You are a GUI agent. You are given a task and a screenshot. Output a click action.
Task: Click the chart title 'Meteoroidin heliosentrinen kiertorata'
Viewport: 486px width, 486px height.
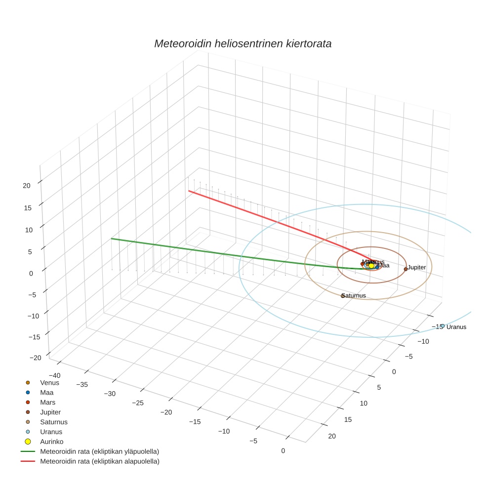click(243, 43)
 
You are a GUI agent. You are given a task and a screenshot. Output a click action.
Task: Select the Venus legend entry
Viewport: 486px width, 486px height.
click(49, 382)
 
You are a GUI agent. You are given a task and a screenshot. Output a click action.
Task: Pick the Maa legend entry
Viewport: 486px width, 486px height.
click(46, 392)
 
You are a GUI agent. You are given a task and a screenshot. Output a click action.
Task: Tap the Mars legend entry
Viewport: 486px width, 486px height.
click(47, 402)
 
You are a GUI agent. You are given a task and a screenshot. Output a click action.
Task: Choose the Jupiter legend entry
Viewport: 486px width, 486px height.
click(50, 412)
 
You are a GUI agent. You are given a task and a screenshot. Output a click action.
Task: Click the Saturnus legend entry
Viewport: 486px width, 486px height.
click(53, 422)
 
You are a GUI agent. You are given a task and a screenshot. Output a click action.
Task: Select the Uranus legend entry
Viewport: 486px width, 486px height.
click(51, 432)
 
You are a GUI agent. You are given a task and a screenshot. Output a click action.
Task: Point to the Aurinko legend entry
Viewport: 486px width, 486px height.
click(51, 442)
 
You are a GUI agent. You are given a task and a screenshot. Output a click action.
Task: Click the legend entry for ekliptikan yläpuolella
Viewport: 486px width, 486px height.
click(99, 451)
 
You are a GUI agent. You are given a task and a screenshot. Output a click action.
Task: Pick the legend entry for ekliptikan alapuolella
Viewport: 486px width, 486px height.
click(99, 461)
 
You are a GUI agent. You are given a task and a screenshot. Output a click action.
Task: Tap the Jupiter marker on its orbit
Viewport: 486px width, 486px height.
click(405, 269)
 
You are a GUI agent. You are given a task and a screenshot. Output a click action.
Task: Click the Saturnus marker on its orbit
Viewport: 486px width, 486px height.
click(343, 296)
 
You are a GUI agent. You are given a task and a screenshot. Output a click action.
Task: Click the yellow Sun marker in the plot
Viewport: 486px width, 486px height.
click(371, 266)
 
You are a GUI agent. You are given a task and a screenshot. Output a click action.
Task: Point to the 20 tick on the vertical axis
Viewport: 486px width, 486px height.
click(27, 186)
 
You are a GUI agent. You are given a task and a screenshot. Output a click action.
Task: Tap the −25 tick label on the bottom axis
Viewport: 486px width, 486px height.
click(138, 403)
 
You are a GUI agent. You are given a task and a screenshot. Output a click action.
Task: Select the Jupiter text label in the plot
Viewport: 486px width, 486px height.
click(417, 267)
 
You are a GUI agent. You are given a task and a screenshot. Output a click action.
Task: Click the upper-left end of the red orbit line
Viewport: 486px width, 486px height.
click(189, 191)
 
